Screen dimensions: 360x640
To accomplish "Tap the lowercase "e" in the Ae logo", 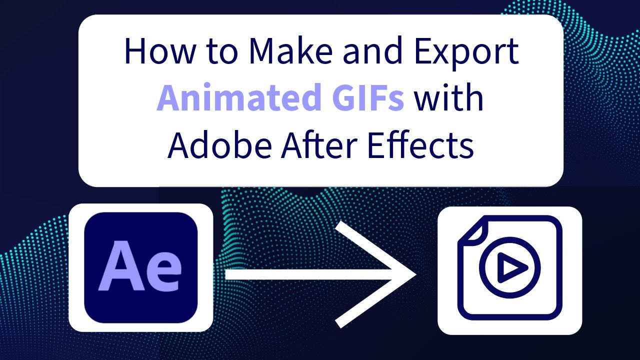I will [x=162, y=272].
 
